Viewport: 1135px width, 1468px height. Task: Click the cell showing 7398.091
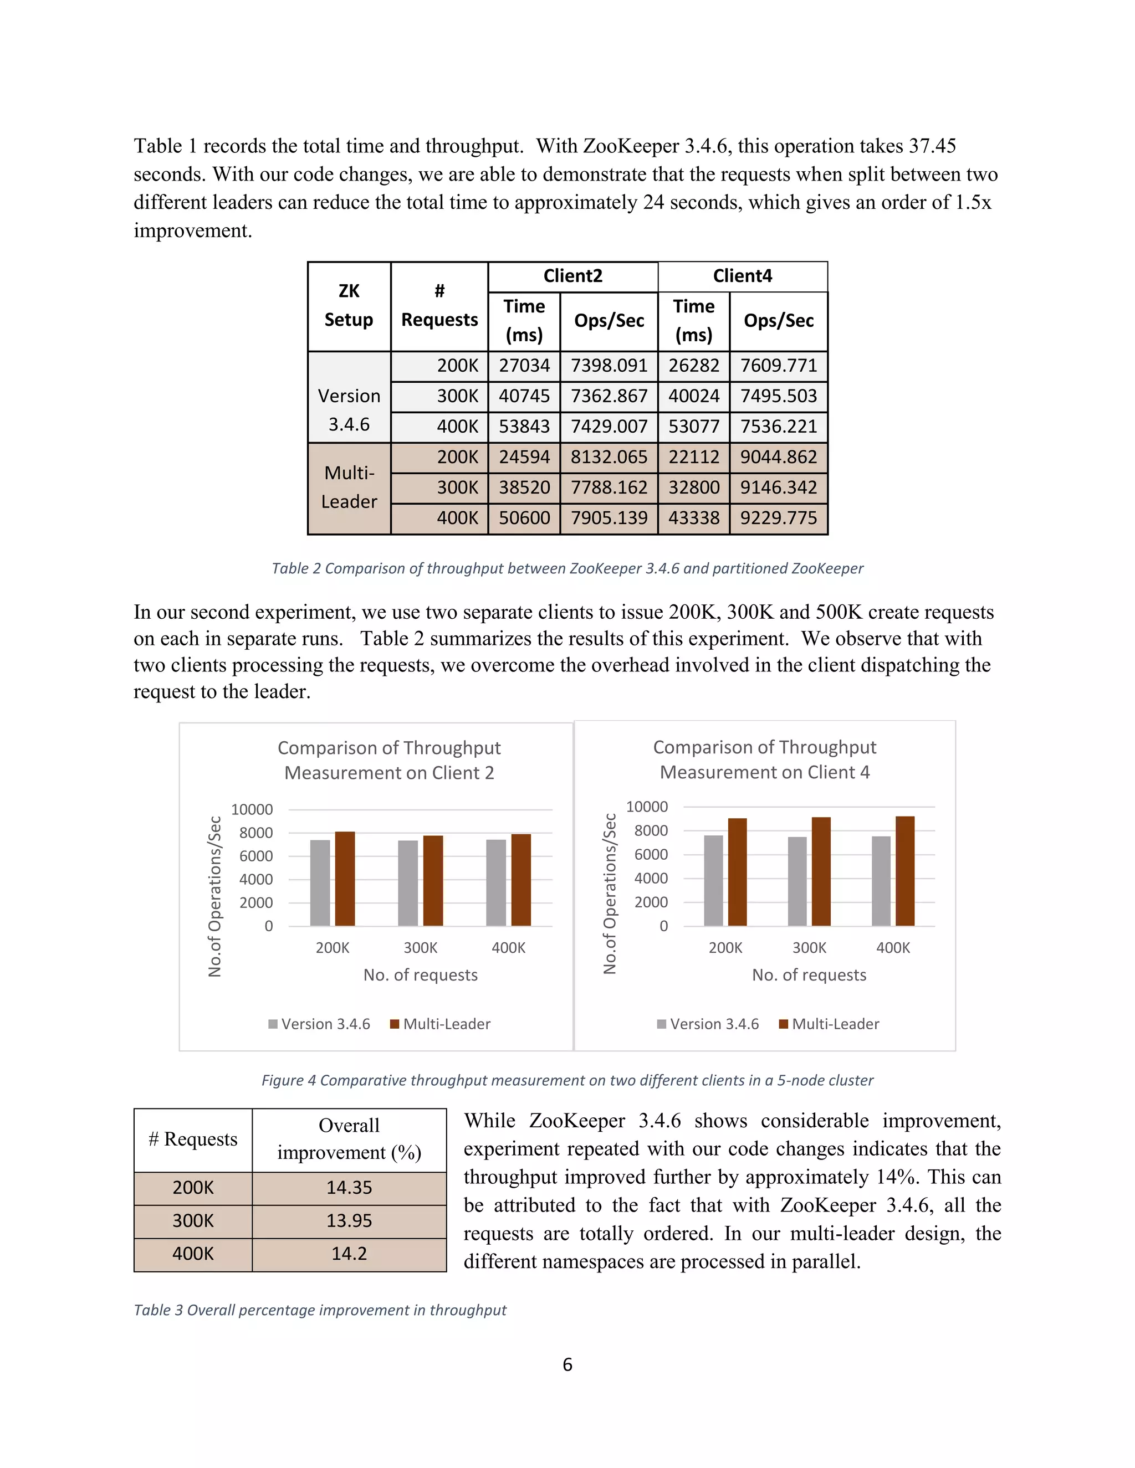tap(609, 366)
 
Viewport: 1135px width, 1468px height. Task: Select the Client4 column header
tap(742, 276)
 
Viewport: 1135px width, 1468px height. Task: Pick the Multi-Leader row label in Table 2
tap(349, 487)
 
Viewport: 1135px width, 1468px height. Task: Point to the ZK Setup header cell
tap(349, 306)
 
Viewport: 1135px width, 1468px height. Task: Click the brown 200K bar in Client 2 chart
tap(345, 878)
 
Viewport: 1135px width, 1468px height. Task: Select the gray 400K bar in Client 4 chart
tap(881, 881)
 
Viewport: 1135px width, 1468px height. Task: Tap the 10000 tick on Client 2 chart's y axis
tap(252, 809)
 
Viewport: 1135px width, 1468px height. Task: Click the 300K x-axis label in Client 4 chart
tap(809, 948)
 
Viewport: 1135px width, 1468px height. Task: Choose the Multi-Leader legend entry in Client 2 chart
tap(441, 1024)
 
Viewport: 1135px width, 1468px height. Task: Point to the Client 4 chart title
tap(764, 759)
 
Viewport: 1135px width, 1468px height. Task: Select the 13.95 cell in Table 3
tap(349, 1220)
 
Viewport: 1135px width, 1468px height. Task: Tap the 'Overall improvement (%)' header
tap(349, 1140)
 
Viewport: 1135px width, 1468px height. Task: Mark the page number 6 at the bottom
tap(567, 1364)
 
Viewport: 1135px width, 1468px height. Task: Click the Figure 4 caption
tap(567, 1080)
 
